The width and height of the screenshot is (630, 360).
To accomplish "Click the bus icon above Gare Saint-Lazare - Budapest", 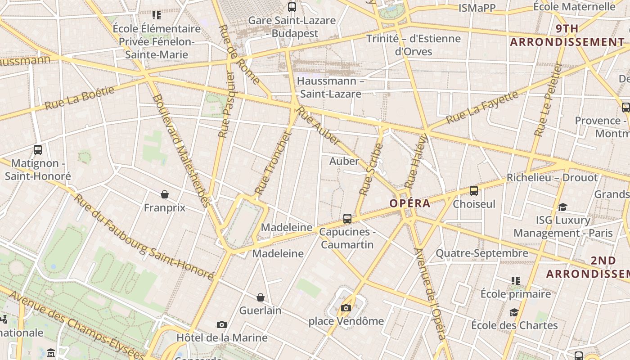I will point(292,7).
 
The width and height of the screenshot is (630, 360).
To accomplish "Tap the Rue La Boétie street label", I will point(80,98).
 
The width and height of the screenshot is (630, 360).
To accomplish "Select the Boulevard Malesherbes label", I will point(181,150).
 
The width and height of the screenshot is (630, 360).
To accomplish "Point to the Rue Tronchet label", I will point(273,163).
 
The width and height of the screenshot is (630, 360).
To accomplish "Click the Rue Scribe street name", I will point(371,169).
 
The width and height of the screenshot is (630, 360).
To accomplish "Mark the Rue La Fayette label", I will point(482,108).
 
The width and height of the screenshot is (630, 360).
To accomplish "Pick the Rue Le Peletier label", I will point(548,99).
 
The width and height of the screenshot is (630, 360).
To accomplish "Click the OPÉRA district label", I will point(409,203).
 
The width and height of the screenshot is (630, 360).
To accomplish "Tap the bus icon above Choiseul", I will point(474,191).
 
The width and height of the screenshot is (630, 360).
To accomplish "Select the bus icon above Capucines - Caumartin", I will point(347,219).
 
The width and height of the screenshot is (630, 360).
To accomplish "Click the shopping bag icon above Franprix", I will point(165,194).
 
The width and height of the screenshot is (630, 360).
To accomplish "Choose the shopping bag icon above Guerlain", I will point(260,297).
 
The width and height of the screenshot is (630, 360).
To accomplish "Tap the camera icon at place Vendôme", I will point(346,308).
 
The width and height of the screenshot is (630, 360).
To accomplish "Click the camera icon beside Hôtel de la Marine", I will point(221,324).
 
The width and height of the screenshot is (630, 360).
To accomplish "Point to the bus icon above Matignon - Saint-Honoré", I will point(38,150).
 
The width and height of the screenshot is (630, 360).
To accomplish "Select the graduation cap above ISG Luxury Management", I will point(562,207).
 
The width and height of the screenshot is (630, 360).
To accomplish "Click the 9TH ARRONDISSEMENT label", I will point(567,36).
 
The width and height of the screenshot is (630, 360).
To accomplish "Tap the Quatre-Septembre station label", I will point(481,253).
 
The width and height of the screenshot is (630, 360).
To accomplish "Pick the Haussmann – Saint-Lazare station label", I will point(331,88).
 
